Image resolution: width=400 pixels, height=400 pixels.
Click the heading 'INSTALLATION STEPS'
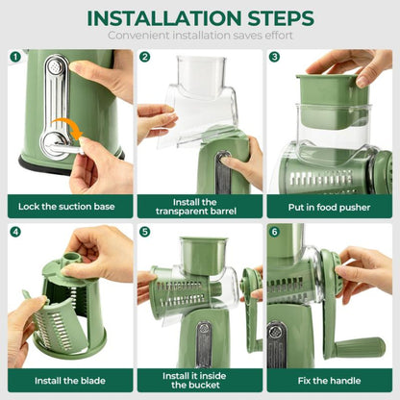(x=199, y=17)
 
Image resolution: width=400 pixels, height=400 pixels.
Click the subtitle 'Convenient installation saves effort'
(x=199, y=36)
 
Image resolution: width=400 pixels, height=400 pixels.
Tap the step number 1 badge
(x=15, y=57)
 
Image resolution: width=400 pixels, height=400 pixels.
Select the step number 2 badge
(x=145, y=57)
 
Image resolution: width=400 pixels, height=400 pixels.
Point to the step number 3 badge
(x=274, y=57)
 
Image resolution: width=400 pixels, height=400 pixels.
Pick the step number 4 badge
(x=15, y=232)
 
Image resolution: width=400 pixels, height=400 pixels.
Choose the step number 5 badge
(x=145, y=232)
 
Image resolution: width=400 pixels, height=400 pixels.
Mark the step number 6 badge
(x=274, y=232)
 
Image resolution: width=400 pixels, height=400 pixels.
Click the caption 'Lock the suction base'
(x=69, y=205)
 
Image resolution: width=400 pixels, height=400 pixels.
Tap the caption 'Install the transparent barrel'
(x=199, y=205)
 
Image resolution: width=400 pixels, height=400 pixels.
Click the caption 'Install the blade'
(x=69, y=380)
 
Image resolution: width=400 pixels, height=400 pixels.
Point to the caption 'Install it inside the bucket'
(x=199, y=380)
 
